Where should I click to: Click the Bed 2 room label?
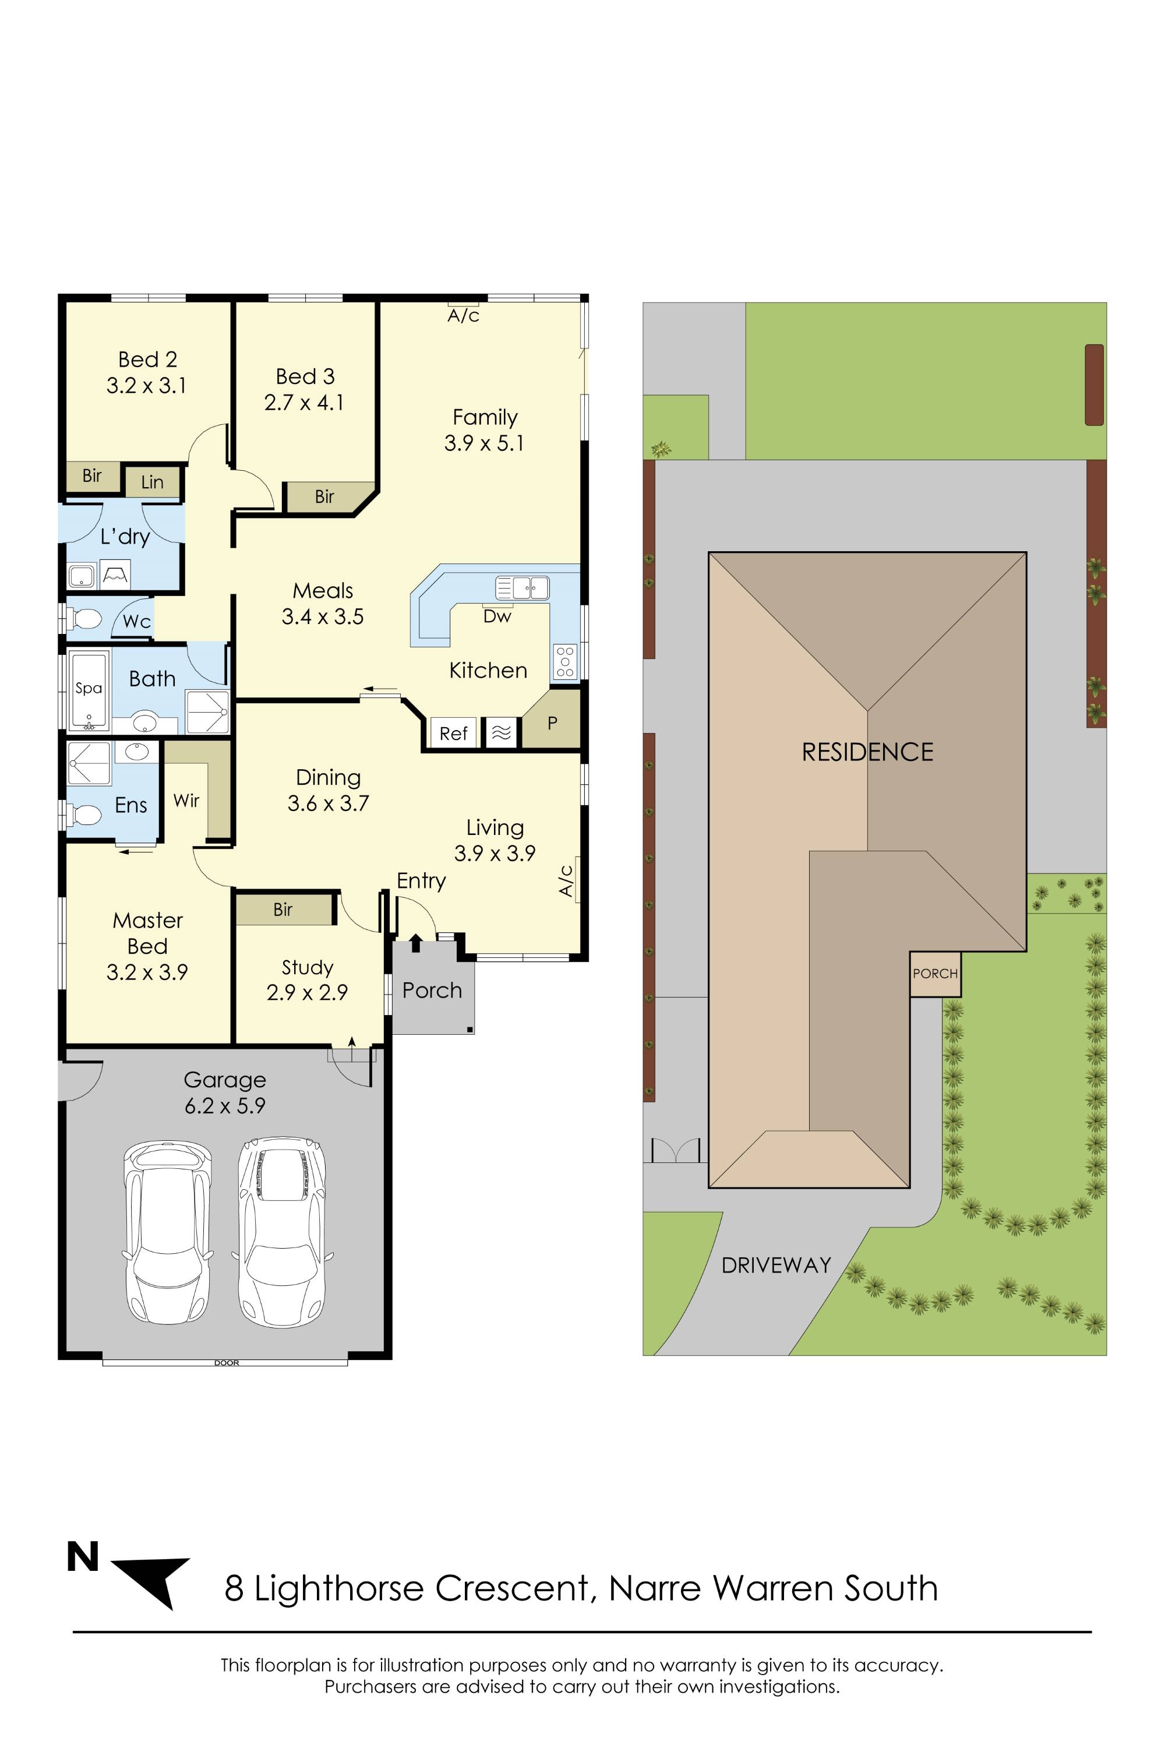(x=147, y=360)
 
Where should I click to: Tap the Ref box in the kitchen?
(x=453, y=733)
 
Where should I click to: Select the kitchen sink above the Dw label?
(x=523, y=588)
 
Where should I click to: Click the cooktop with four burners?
(x=564, y=661)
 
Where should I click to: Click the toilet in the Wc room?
(x=84, y=618)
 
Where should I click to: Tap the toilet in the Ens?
(x=84, y=815)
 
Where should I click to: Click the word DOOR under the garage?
(x=227, y=1363)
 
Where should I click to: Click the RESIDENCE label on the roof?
(x=867, y=752)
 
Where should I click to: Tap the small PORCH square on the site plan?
(x=935, y=974)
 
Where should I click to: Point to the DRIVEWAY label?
(x=776, y=1265)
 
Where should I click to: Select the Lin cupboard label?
(x=152, y=482)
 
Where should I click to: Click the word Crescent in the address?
(x=512, y=1588)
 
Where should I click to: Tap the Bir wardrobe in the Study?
(x=283, y=909)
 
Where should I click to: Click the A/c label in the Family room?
(x=464, y=316)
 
